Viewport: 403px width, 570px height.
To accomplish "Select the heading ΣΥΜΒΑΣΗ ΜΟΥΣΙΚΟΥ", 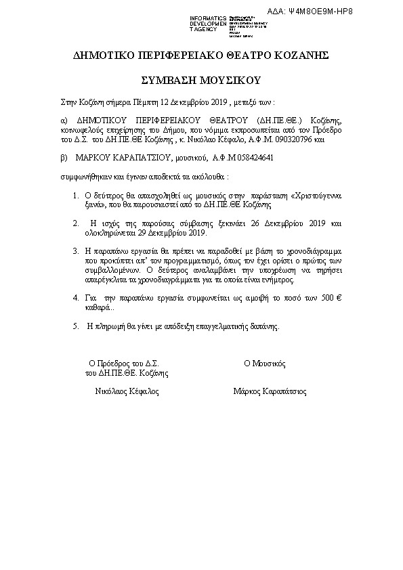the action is pyautogui.click(x=201, y=81).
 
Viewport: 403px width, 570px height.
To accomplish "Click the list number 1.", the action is pyautogui.click(x=76, y=194).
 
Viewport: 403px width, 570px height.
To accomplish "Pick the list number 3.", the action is pyautogui.click(x=76, y=250).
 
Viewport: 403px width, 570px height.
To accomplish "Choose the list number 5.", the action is pyautogui.click(x=76, y=326).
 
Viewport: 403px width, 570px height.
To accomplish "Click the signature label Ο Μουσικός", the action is pyautogui.click(x=267, y=363).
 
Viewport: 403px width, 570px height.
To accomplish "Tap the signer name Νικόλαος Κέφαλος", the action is pyautogui.click(x=127, y=391).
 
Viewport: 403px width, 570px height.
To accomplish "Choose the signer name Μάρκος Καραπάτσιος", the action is pyautogui.click(x=270, y=391).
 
